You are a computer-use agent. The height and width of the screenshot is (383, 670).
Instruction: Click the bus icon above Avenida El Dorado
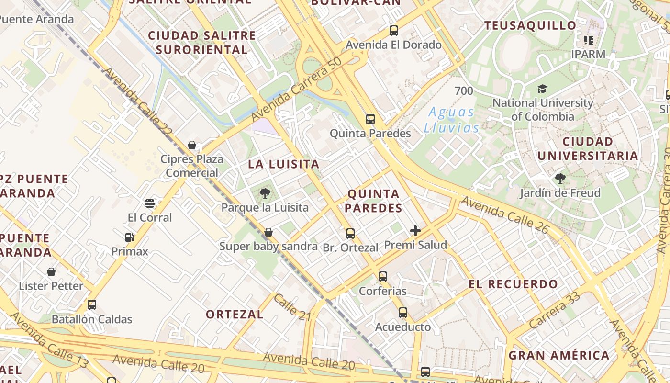coord(394,31)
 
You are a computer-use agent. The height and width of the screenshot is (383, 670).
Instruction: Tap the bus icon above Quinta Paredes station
coord(370,119)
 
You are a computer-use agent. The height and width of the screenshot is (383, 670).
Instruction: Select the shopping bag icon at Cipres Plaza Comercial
coord(192,145)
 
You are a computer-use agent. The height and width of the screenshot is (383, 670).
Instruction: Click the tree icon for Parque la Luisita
coord(265,193)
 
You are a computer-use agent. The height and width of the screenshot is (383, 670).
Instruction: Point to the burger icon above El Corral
coord(150,203)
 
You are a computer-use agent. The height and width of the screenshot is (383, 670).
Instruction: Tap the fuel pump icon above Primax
coord(129,237)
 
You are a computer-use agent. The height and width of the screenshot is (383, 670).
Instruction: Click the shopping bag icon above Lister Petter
coord(51,272)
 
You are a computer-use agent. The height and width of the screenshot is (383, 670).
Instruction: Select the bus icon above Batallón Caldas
coord(92,305)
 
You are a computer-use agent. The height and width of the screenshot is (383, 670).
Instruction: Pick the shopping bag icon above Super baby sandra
coord(268,232)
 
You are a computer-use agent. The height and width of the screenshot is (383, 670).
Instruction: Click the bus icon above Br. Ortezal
coord(350,234)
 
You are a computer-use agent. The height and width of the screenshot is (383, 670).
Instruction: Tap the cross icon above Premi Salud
coord(415,231)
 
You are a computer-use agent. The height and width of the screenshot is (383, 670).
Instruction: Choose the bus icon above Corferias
coord(383,277)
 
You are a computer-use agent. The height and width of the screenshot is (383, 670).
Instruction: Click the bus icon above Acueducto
coord(403,313)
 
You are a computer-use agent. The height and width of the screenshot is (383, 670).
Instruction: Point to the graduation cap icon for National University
coord(542,89)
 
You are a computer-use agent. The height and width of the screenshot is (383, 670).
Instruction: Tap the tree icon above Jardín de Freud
coord(560,179)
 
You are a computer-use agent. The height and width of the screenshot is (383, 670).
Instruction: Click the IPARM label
coord(588,54)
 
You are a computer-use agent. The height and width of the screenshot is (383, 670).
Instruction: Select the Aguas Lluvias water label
coord(451,120)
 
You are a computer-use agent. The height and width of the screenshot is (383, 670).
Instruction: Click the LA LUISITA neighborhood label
coord(283,164)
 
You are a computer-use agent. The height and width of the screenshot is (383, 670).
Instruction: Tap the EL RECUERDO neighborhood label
coord(513,284)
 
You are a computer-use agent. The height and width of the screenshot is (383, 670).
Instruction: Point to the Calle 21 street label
coord(292,307)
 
